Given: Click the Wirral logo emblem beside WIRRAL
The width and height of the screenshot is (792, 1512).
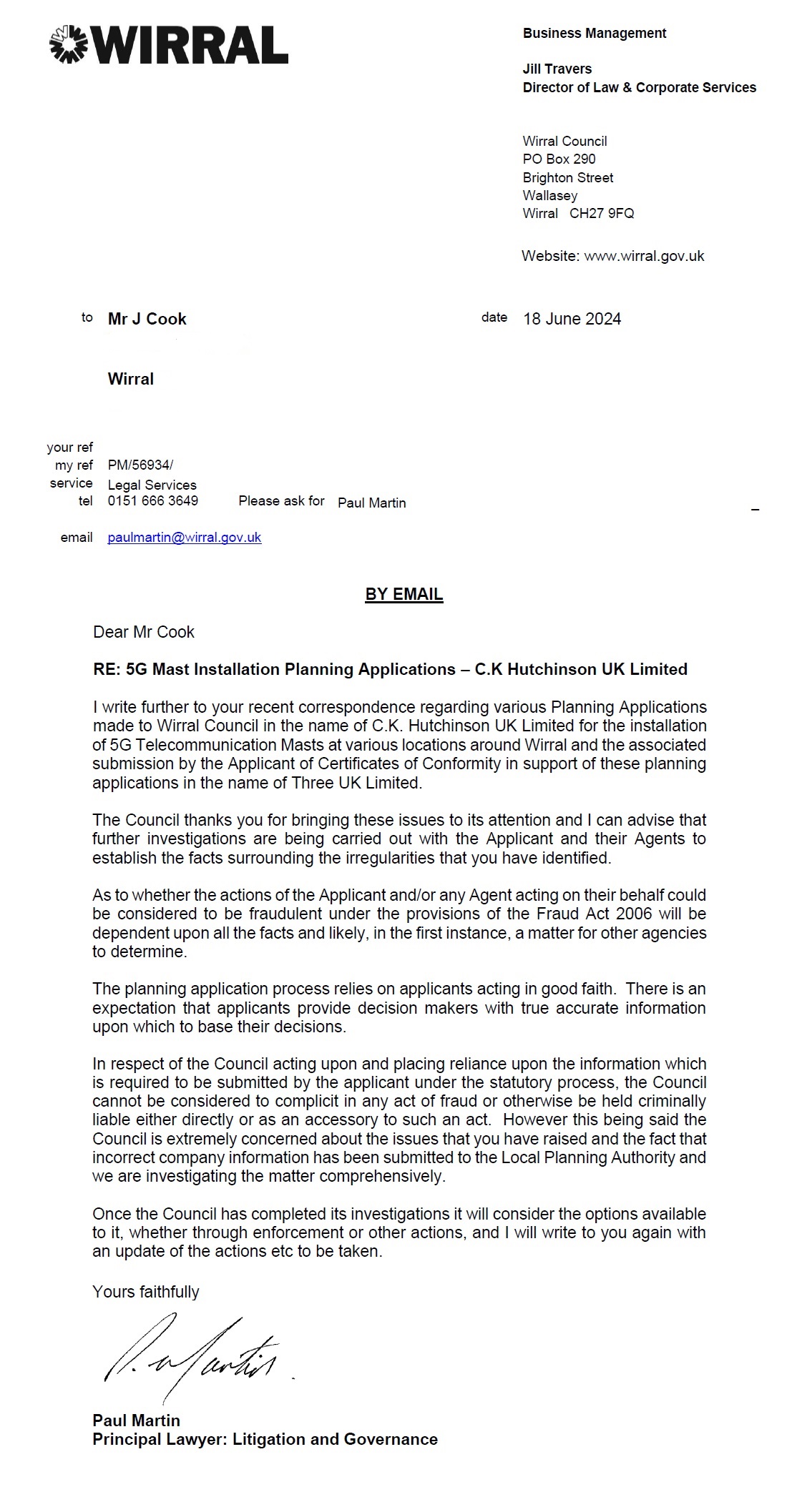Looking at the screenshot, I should (x=68, y=44).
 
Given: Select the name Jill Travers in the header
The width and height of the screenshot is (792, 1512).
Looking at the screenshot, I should (x=557, y=69).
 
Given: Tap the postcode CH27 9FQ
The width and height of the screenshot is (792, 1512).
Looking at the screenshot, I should (x=602, y=213).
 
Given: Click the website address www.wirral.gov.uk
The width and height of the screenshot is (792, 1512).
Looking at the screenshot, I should (x=644, y=256).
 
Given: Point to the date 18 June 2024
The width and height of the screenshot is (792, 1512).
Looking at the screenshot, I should (x=572, y=319).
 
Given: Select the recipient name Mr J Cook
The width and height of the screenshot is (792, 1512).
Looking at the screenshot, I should (x=147, y=319).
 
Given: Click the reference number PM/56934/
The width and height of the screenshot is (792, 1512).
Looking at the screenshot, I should (x=140, y=465).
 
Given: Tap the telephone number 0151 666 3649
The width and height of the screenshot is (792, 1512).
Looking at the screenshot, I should (x=153, y=500).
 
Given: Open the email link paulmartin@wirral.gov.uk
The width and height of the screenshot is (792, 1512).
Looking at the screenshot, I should (x=185, y=537).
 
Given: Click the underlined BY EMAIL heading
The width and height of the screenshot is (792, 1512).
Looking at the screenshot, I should (x=404, y=594).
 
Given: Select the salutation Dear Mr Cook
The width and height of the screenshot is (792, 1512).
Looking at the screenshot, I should (x=144, y=632).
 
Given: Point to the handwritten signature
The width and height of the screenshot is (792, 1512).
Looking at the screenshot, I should (x=193, y=1356).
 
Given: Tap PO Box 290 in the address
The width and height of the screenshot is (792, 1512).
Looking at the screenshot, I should (x=559, y=159).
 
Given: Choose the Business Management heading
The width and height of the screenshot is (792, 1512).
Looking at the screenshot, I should (x=595, y=33).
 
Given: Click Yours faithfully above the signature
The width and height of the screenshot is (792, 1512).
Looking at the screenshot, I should (x=146, y=1292).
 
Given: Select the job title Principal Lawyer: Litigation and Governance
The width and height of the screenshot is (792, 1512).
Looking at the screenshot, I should (x=265, y=1439).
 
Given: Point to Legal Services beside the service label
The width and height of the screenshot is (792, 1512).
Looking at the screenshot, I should (x=152, y=485).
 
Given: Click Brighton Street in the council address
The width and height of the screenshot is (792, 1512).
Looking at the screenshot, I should (x=568, y=177).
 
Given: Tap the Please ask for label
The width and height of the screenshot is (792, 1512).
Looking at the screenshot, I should (x=281, y=500).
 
